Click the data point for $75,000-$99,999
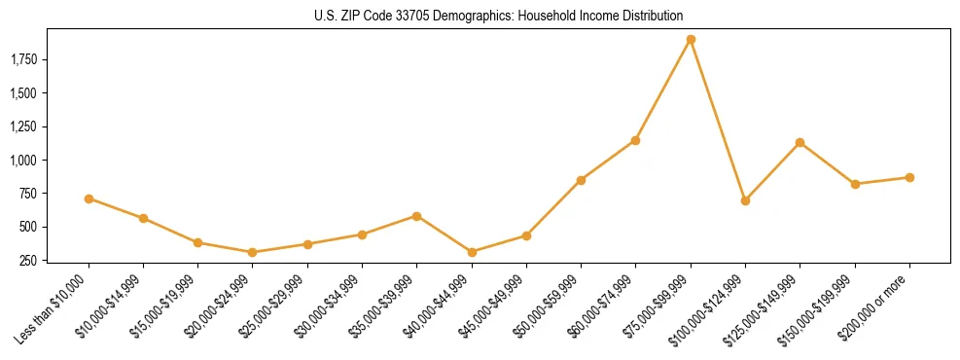pyautogui.click(x=691, y=40)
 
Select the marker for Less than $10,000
pyautogui.click(x=89, y=198)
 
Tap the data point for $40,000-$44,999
pyautogui.click(x=472, y=252)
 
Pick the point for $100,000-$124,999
pyautogui.click(x=745, y=200)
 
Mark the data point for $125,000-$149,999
pyautogui.click(x=800, y=143)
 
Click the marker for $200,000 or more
pyautogui.click(x=909, y=177)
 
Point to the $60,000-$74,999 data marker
pyautogui.click(x=635, y=140)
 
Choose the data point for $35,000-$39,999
pyautogui.click(x=416, y=216)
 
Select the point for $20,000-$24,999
pyautogui.click(x=253, y=252)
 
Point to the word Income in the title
pyautogui.click(x=607, y=17)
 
